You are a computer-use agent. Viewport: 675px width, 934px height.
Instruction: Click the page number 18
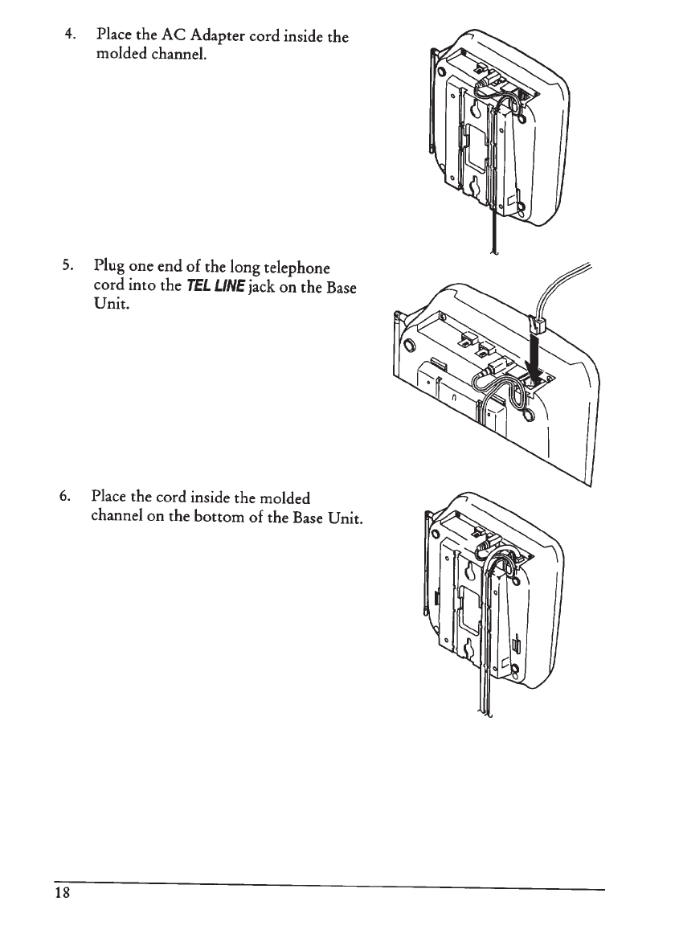point(63,895)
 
